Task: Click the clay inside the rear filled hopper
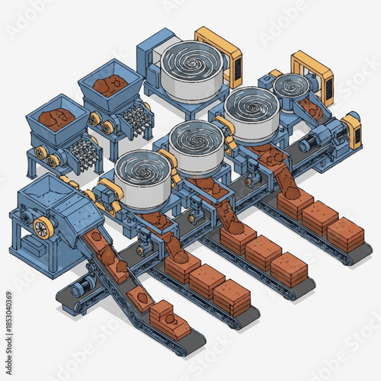click(x=111, y=84)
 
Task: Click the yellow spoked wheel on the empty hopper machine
click(x=44, y=226)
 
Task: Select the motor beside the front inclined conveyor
click(x=85, y=285)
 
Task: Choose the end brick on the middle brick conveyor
click(x=290, y=268)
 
